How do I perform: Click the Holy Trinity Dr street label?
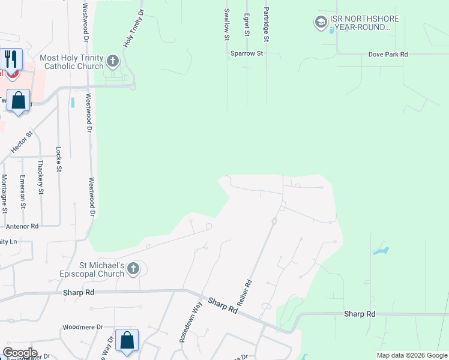133,29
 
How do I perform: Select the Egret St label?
247,25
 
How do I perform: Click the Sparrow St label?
247,54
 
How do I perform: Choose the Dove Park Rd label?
388,55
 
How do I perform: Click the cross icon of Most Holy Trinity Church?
113,61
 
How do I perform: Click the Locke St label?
59,159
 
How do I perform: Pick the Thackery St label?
41,176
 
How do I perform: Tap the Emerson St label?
22,191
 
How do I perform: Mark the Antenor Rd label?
22,226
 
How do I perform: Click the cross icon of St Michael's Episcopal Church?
133,269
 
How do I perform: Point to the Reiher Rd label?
244,294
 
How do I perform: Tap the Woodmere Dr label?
83,328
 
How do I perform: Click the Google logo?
20,353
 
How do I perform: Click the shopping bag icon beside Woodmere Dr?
127,340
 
